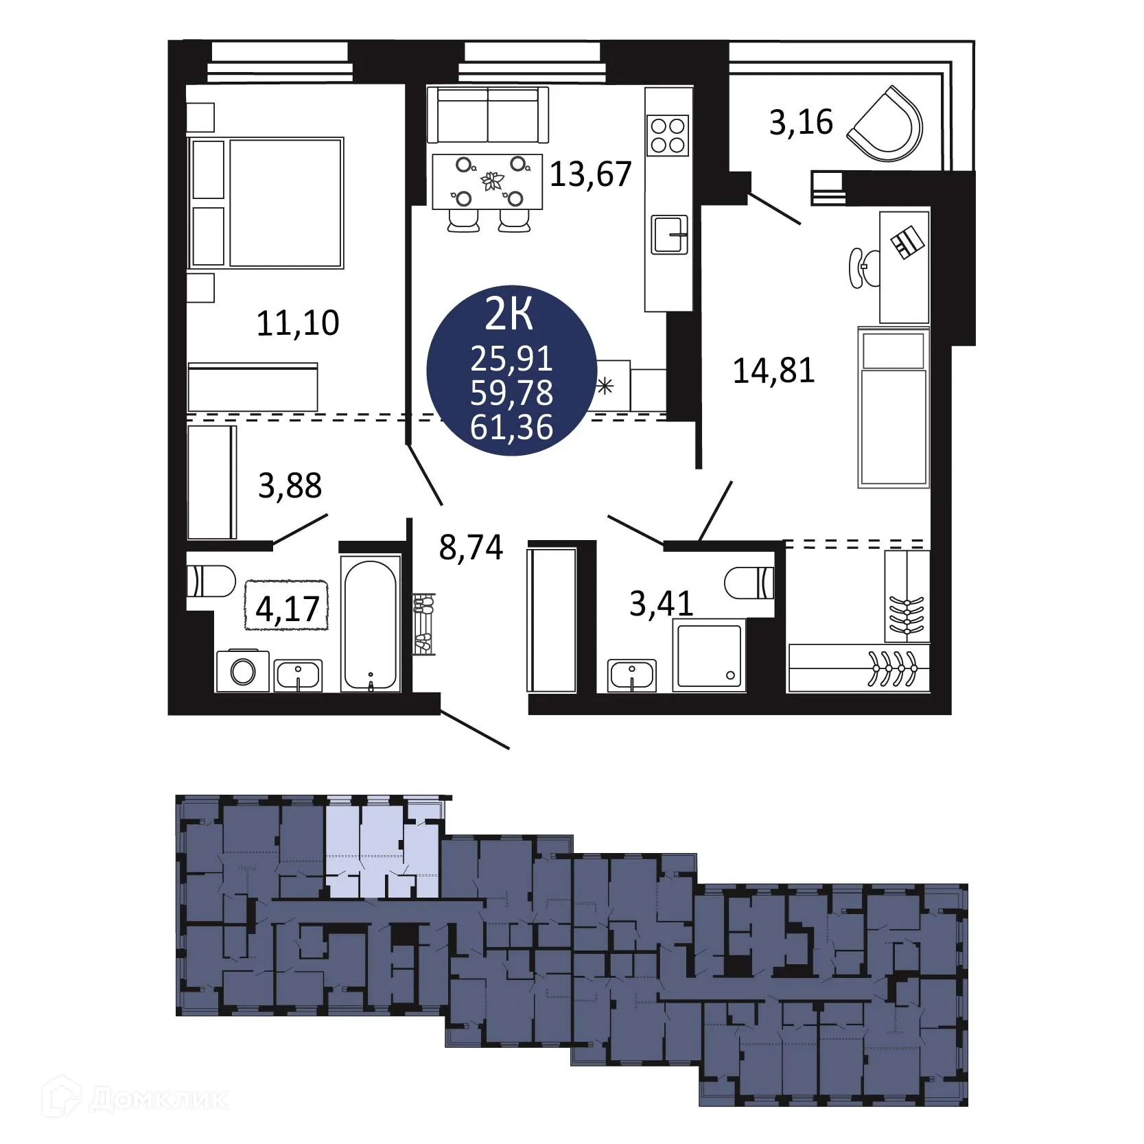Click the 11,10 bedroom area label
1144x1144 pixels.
click(298, 323)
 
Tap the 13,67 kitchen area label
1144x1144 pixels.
click(590, 174)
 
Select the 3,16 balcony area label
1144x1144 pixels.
click(801, 123)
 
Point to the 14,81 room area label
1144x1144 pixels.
click(773, 371)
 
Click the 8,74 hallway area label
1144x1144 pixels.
click(471, 548)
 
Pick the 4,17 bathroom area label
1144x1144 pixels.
click(288, 609)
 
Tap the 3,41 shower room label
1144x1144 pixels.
click(661, 604)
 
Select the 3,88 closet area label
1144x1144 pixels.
click(290, 486)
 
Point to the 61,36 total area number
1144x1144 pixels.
click(512, 428)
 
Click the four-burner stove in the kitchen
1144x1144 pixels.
click(668, 135)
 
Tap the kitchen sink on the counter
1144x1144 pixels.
click(669, 234)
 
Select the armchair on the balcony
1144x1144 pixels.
click(887, 125)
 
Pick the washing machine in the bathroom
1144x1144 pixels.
click(242, 670)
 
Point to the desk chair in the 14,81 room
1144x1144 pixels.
click(863, 268)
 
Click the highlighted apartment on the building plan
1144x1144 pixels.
click(381, 851)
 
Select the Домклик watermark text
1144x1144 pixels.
click(157, 1100)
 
